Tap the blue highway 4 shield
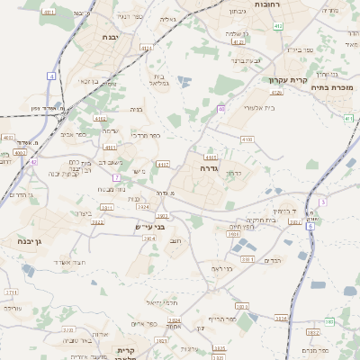click(52, 77)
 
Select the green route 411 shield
click(348, 118)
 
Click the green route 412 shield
click(278, 26)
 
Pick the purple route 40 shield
click(220, 109)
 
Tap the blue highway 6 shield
click(311, 226)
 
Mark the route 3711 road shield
click(11, 292)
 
